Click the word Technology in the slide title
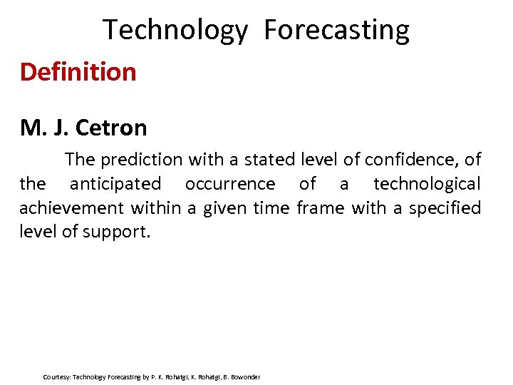[x=175, y=31]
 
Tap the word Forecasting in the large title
[x=336, y=31]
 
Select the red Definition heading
[x=78, y=72]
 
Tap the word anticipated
[x=115, y=184]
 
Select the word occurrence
[x=229, y=184]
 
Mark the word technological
[x=427, y=184]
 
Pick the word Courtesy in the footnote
[x=56, y=376]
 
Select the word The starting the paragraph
[x=79, y=159]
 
